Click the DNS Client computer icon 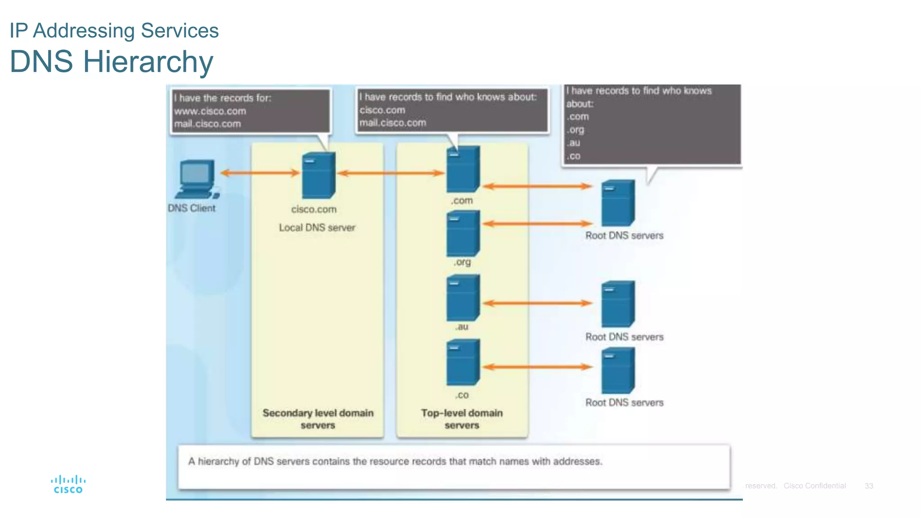197,179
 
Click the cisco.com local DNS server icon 318,175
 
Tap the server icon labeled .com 463,169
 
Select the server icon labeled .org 463,233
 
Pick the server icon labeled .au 463,298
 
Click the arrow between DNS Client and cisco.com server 260,173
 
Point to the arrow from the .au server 537,303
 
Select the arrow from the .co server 537,367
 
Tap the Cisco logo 68,484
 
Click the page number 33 869,486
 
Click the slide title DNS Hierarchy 112,62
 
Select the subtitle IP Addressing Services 114,31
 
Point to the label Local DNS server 317,228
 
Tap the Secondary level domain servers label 318,419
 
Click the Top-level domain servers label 462,419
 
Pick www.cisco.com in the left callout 210,111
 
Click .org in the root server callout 575,130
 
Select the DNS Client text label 192,208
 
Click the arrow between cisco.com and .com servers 391,173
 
